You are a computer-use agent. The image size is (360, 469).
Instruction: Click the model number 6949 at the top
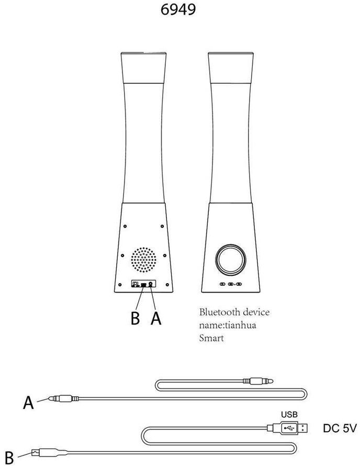(x=179, y=9)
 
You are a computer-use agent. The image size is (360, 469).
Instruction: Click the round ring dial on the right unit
(x=230, y=260)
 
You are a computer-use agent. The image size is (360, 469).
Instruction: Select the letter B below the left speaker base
(x=135, y=318)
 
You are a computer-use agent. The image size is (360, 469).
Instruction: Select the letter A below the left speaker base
(x=155, y=318)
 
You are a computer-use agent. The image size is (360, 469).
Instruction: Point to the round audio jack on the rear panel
(x=151, y=284)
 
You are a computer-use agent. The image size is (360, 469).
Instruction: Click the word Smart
(x=211, y=338)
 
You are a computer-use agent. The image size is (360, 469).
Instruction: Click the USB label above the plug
(x=289, y=414)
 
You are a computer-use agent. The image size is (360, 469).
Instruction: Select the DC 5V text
(x=340, y=428)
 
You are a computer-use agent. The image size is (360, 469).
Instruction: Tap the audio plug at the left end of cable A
(x=61, y=399)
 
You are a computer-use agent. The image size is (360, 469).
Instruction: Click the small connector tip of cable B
(x=36, y=451)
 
